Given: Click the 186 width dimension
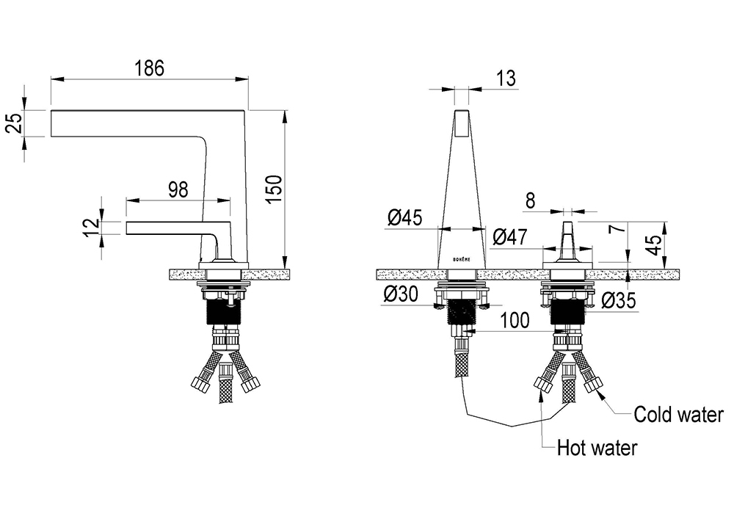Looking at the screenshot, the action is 149,68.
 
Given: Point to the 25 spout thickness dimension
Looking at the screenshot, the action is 15,123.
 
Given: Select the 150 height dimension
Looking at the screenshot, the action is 275,189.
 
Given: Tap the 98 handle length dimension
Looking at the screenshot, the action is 178,190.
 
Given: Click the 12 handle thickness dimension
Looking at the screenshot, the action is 92,228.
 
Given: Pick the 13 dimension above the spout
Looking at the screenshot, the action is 506,78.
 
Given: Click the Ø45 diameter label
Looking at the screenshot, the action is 405,217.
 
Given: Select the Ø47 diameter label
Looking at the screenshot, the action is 510,237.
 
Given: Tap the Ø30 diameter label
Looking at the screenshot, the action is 400,294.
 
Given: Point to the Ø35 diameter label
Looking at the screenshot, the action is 618,300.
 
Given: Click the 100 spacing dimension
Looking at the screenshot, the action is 515,321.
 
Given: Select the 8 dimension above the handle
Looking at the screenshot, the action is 530,200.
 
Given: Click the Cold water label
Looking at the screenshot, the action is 678,415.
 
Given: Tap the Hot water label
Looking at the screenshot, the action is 597,448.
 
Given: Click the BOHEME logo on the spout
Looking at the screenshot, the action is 461,259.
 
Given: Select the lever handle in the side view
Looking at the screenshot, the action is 178,228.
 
